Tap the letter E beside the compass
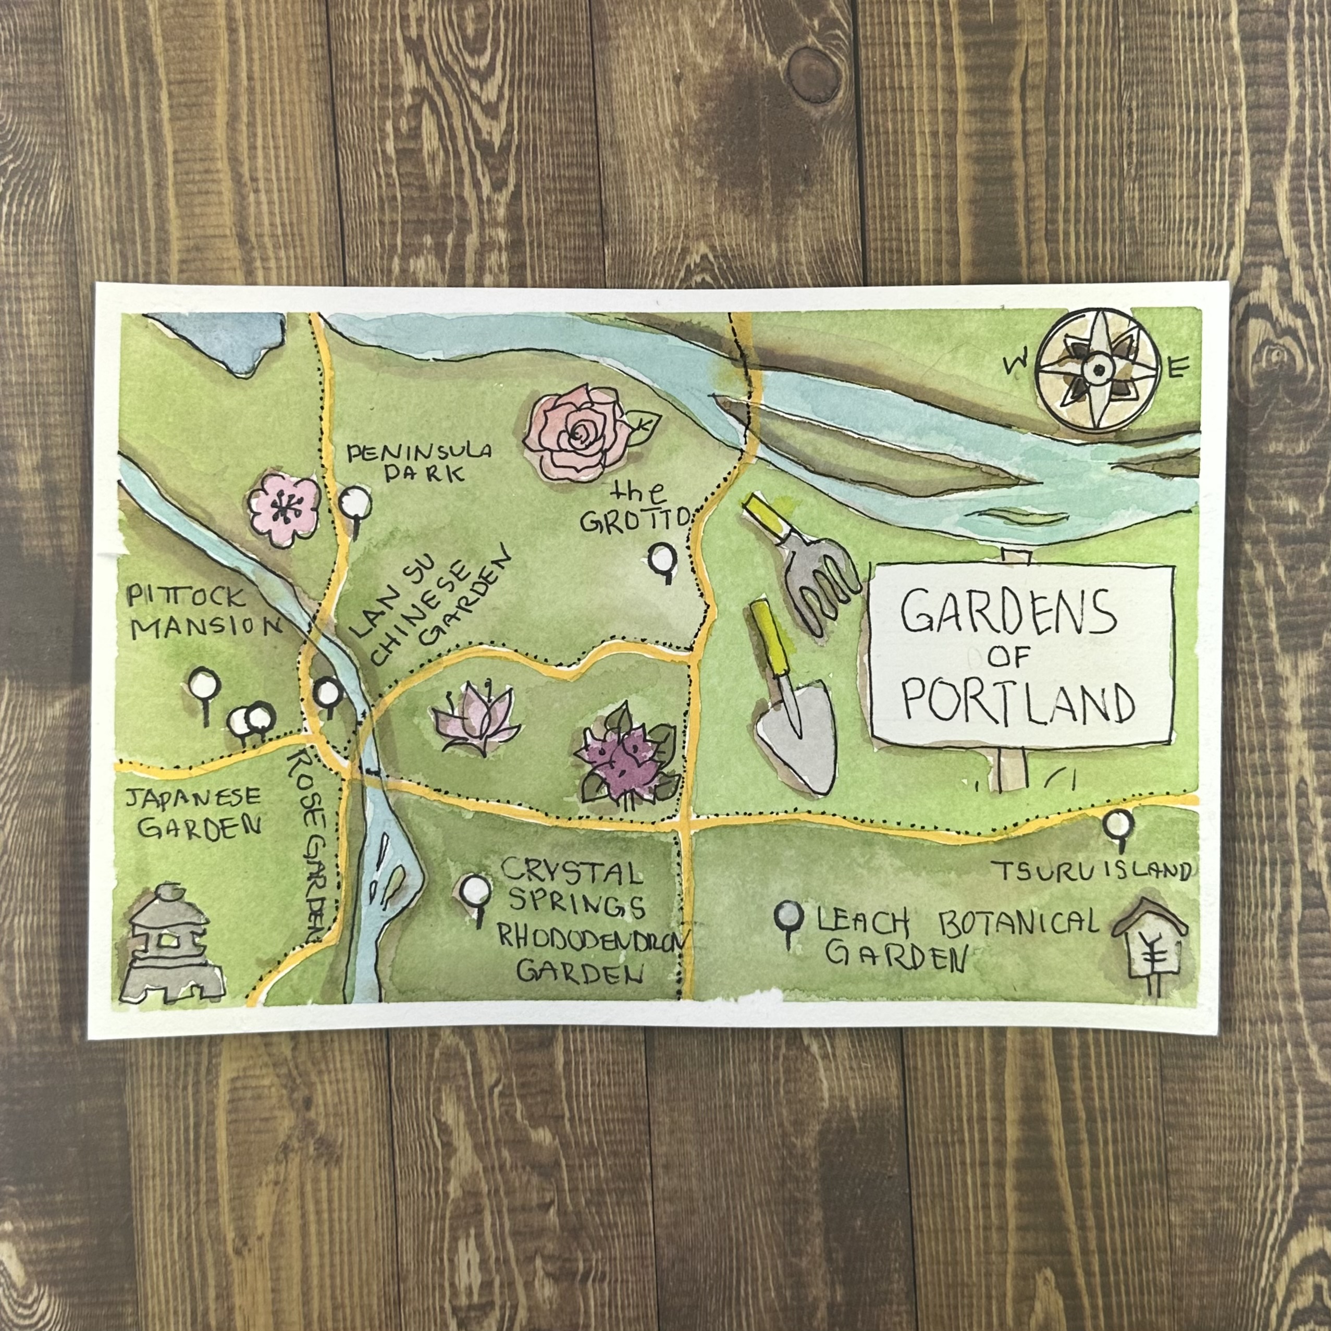pos(1177,369)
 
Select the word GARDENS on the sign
pos(1008,612)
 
